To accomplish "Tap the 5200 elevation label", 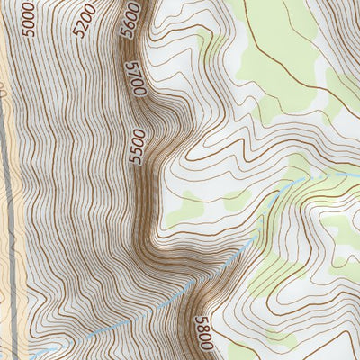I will [x=85, y=22].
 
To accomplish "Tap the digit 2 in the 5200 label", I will [x=85, y=26].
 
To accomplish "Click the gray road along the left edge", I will [x=11, y=180].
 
